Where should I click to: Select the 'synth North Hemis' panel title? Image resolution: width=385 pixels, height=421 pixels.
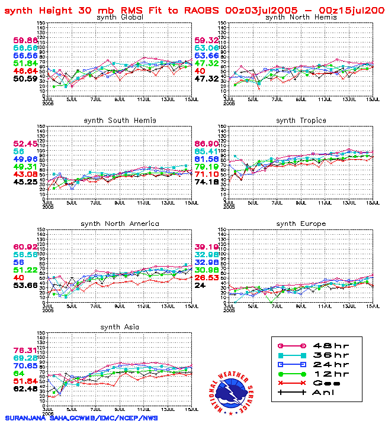(301, 17)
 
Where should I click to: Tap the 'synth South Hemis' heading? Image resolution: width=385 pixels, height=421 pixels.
(120, 120)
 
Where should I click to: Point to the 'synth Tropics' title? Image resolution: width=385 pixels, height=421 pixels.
(301, 120)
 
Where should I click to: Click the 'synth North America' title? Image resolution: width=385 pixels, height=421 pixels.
(120, 224)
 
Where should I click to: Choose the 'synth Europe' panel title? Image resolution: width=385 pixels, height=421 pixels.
(301, 224)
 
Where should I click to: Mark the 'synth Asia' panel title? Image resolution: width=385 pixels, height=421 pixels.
(120, 327)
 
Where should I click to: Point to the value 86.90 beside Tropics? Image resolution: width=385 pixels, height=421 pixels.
(207, 144)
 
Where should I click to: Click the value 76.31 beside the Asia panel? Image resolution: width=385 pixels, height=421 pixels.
(25, 350)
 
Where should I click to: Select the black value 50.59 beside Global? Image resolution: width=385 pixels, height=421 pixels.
(25, 78)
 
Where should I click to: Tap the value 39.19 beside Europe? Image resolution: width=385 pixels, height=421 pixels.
(207, 247)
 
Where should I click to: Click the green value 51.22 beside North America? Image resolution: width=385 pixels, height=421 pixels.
(25, 270)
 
